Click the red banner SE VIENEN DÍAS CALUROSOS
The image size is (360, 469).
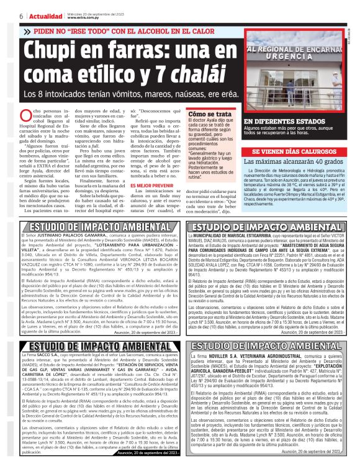point(292,151)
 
